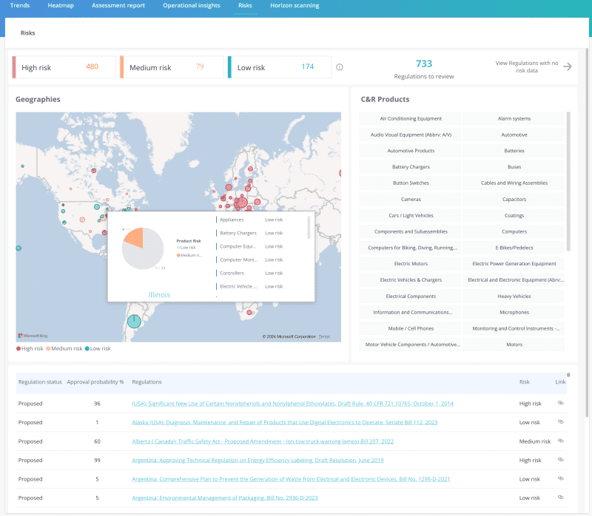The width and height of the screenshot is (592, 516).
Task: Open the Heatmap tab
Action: point(60,6)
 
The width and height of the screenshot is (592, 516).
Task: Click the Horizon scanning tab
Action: point(295,6)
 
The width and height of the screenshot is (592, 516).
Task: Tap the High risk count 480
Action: point(92,67)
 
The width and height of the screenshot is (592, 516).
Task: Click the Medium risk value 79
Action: point(200,67)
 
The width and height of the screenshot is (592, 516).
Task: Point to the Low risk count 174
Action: point(307,67)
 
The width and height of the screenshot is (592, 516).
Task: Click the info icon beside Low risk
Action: point(340,67)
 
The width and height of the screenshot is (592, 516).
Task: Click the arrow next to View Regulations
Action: point(568,67)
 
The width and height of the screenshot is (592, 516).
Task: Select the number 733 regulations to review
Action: point(423,64)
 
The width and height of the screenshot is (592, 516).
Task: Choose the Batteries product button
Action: point(514,151)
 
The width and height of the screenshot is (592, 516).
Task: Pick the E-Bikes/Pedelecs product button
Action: point(514,248)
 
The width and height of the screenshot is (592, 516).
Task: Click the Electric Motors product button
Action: point(411,264)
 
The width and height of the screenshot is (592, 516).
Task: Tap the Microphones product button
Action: point(514,312)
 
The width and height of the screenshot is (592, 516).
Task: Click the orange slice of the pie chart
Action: point(135,237)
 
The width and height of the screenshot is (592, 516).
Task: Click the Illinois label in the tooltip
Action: point(159,294)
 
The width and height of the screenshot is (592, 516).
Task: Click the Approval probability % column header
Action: point(95,382)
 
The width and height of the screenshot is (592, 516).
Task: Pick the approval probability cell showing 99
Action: point(97,460)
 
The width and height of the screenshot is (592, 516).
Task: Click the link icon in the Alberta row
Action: point(561,441)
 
